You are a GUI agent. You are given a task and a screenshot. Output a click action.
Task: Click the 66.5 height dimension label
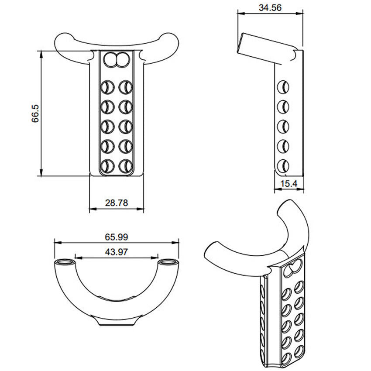[36, 113]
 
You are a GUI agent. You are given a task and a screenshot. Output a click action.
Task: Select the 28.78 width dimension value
[116, 203]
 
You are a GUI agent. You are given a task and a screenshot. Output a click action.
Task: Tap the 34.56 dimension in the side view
[269, 7]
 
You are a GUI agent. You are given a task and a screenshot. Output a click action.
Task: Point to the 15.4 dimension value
[289, 184]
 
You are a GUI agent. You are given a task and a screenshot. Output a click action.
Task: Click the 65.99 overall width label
[116, 237]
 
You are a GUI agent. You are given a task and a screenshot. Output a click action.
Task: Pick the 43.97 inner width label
[116, 251]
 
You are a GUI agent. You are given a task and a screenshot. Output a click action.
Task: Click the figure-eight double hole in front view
[117, 60]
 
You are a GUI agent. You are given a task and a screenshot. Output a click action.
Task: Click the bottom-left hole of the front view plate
[106, 166]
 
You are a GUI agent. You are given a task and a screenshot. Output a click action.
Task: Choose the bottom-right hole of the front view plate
[126, 166]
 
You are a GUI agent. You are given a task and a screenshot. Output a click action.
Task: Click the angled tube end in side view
[240, 43]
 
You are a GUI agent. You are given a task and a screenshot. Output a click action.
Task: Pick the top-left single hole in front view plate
[106, 87]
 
